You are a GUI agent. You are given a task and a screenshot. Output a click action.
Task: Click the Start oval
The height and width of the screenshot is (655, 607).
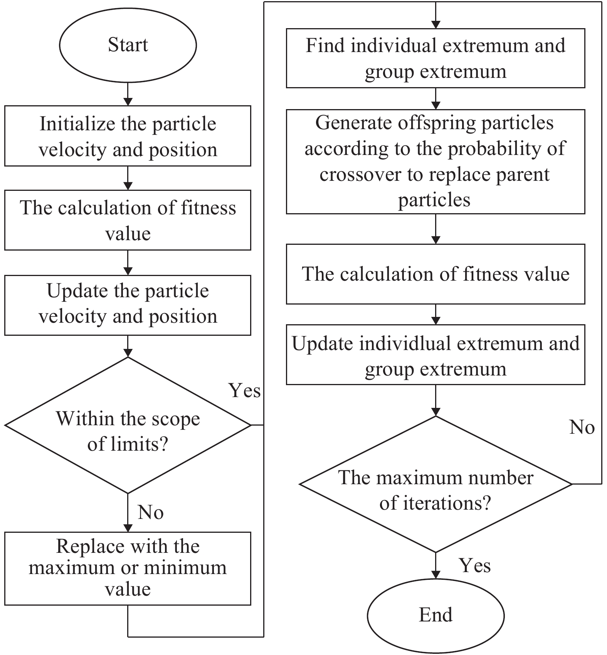[x=128, y=45]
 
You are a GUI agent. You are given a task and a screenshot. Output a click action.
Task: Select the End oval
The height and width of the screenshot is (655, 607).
[x=435, y=615]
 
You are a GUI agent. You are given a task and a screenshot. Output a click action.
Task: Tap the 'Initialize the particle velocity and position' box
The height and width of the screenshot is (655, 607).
[x=128, y=136]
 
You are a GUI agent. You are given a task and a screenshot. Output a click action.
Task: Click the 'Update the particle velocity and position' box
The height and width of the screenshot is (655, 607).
[x=128, y=305]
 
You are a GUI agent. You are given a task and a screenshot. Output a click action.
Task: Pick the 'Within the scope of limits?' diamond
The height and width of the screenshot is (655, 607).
[x=128, y=425]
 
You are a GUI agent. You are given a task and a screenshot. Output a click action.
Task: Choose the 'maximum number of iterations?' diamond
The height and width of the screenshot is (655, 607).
[x=435, y=484]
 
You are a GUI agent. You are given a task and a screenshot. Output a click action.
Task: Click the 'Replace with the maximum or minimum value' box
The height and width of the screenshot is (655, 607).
[x=128, y=569]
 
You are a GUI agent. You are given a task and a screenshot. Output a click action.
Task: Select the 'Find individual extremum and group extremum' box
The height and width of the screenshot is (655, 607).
[x=435, y=58]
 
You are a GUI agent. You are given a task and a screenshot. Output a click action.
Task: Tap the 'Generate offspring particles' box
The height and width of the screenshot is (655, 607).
[x=435, y=162]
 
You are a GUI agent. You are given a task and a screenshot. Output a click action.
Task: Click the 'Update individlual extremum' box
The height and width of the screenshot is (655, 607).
[x=435, y=355]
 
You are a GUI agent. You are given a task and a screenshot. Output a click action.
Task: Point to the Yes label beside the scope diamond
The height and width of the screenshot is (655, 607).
[x=245, y=391]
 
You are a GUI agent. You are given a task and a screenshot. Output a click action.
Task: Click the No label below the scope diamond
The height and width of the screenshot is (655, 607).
[x=151, y=513]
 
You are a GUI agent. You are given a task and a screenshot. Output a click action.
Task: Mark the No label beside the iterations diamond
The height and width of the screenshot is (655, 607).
[x=582, y=428]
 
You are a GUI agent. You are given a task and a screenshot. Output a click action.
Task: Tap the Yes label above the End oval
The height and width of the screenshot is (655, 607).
[x=475, y=566]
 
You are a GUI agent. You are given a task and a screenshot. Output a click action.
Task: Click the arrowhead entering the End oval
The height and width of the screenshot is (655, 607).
[x=435, y=574]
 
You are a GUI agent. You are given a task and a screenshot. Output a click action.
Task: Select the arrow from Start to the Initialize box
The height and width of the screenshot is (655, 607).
[x=128, y=94]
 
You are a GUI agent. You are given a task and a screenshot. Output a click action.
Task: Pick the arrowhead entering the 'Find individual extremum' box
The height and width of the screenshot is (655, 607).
[x=435, y=24]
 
